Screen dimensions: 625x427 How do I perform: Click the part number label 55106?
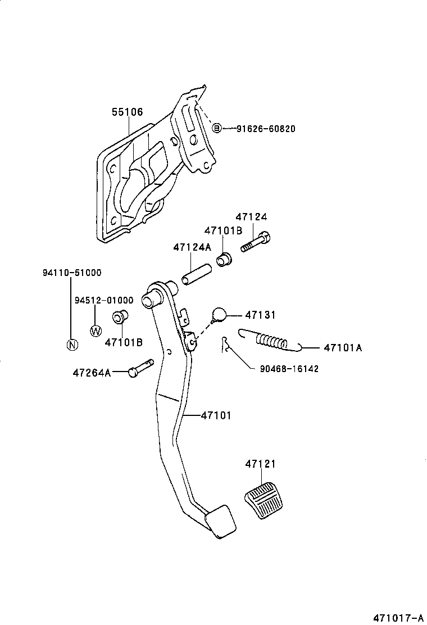coord(126,112)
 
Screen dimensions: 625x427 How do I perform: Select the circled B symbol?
coord(217,129)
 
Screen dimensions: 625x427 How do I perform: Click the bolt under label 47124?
coord(256,243)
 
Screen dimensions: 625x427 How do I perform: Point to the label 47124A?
coord(192,247)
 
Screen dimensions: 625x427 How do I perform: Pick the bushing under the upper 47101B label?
coord(224,260)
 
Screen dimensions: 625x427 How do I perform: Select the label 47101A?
coord(343,348)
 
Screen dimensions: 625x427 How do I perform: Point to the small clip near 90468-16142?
coord(226,345)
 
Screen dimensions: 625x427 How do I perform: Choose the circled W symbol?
coord(96,330)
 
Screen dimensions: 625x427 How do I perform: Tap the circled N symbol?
coord(72,345)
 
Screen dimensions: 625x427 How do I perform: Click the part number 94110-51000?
coord(72,273)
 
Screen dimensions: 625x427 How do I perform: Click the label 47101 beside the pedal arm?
coord(216,415)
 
